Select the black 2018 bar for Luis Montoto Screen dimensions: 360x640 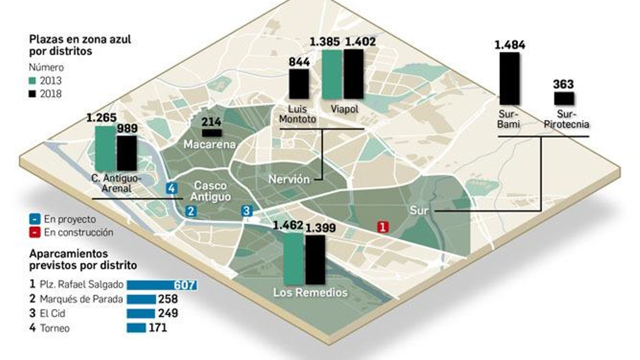click(299, 84)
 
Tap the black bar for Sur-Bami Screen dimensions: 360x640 click(509, 78)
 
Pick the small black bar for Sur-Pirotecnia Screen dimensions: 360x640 click(564, 98)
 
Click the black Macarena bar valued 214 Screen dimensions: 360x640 click(212, 133)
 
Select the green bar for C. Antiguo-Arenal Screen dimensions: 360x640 click(105, 148)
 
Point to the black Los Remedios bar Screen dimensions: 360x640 click(315, 260)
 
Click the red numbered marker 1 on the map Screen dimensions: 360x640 click(382, 227)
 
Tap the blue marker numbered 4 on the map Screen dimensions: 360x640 click(172, 188)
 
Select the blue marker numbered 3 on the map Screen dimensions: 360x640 click(246, 211)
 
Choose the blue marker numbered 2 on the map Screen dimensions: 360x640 click(191, 211)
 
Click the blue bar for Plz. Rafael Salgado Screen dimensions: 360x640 click(162, 285)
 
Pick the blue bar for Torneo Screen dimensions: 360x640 click(136, 328)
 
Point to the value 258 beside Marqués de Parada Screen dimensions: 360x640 click(168, 299)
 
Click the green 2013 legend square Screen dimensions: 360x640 click(32, 81)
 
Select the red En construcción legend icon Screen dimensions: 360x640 click(35, 232)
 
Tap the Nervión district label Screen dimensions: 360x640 click(289, 179)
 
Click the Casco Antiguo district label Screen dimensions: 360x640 click(210, 191)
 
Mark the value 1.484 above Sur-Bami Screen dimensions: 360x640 click(510, 45)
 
